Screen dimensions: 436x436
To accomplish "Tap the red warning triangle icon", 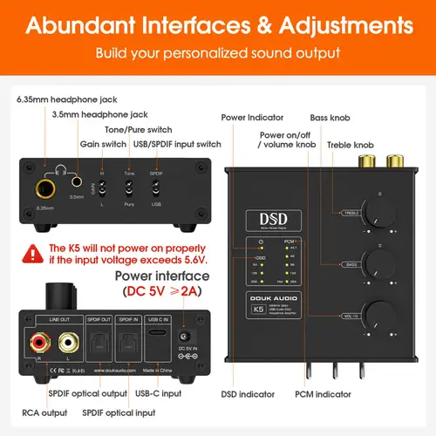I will [x=33, y=253].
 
